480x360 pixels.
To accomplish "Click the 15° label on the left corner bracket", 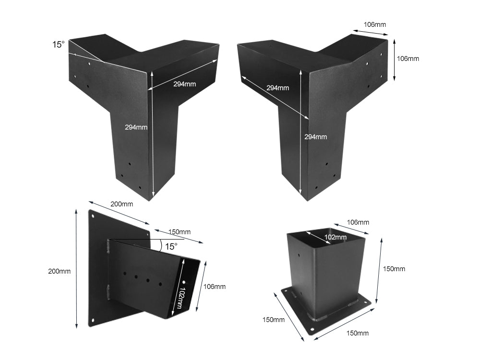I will click(x=58, y=45).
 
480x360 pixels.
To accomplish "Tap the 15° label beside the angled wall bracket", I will click(x=171, y=246).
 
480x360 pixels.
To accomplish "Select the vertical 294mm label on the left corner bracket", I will click(x=136, y=127).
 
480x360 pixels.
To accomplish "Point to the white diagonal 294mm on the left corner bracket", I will click(x=184, y=84).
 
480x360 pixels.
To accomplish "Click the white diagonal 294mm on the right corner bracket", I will click(x=277, y=88).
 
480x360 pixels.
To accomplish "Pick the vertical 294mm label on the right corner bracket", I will click(x=315, y=137).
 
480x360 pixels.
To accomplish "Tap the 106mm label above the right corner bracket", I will click(x=375, y=24).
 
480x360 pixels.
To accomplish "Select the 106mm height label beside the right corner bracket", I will click(x=408, y=59).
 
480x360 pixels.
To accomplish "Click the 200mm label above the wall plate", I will click(x=121, y=204).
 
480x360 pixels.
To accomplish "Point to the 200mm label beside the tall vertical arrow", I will click(x=59, y=271).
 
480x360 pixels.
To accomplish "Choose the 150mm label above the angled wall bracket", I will click(x=180, y=232).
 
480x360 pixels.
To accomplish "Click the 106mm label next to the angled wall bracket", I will click(x=214, y=287).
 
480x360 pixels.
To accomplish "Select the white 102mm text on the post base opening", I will click(x=335, y=237).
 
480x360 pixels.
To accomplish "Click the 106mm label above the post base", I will click(x=358, y=222).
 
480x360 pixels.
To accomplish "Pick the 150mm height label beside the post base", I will click(x=394, y=269).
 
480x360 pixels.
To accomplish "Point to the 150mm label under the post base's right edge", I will click(x=357, y=333).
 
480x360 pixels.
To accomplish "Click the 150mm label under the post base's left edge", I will click(x=273, y=319).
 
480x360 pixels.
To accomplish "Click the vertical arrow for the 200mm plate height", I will click(x=76, y=269).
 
